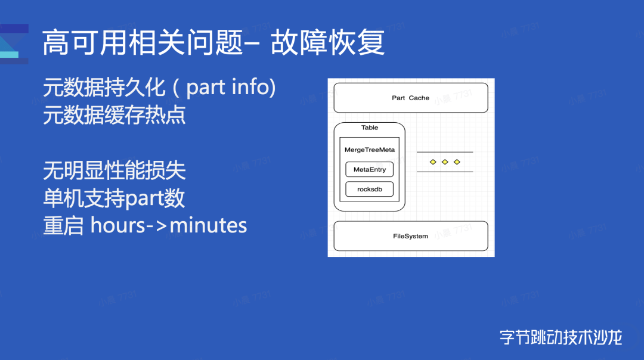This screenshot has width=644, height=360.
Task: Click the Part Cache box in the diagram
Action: pyautogui.click(x=410, y=98)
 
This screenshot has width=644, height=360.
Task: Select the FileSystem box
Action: pyautogui.click(x=410, y=236)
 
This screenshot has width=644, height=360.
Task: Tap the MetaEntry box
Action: pyautogui.click(x=370, y=170)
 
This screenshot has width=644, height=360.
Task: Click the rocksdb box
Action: pyautogui.click(x=370, y=190)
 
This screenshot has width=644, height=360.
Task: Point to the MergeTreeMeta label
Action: pyautogui.click(x=370, y=150)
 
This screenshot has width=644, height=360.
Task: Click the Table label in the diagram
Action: pyautogui.click(x=370, y=128)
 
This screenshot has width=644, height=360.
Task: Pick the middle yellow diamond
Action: pyautogui.click(x=445, y=162)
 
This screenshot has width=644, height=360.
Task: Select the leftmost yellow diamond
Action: pyautogui.click(x=433, y=162)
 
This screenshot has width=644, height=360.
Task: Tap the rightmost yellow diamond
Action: pyautogui.click(x=457, y=162)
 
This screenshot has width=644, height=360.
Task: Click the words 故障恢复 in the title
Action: pyautogui.click(x=328, y=43)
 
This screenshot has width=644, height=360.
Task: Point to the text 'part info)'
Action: pyautogui.click(x=231, y=88)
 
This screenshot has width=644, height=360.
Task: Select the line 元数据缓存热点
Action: pyautogui.click(x=114, y=114)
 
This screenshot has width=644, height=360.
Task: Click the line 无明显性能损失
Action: pyautogui.click(x=114, y=171)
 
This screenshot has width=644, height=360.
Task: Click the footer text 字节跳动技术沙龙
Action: pyautogui.click(x=561, y=337)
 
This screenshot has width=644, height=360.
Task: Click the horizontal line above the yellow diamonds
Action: pyautogui.click(x=445, y=152)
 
